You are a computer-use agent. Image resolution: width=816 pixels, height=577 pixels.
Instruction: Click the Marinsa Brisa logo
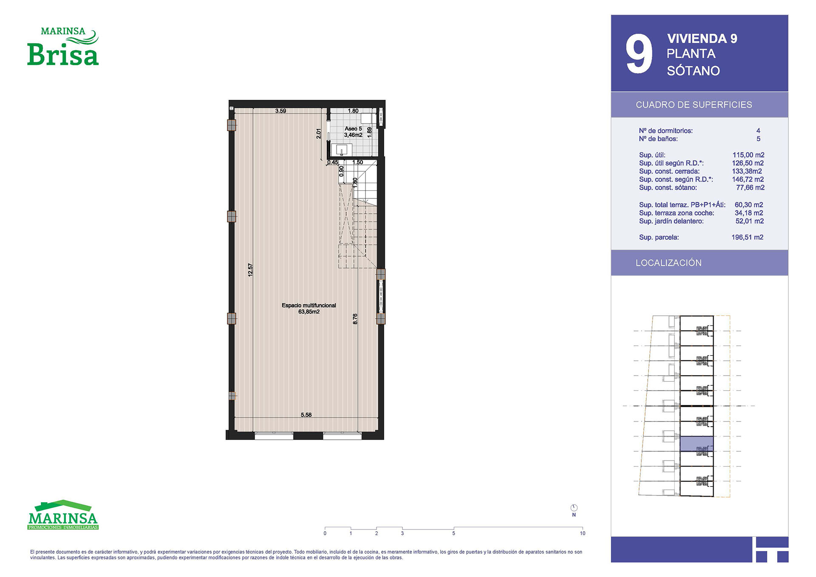pyautogui.click(x=63, y=46)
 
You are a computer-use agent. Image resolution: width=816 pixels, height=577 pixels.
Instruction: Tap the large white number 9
pyautogui.click(x=639, y=54)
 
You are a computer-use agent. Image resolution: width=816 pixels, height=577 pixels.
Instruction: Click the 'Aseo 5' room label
pyautogui.click(x=353, y=129)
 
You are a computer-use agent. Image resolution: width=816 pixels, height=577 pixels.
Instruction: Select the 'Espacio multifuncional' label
pyautogui.click(x=309, y=305)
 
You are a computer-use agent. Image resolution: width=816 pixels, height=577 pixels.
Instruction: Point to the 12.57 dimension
pyautogui.click(x=250, y=270)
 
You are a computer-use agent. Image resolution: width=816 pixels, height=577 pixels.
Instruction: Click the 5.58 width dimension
pyautogui.click(x=306, y=415)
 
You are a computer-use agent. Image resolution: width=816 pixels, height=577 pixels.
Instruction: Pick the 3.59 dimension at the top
pyautogui.click(x=280, y=111)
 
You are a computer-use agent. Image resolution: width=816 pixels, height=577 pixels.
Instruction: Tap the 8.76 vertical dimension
pyautogui.click(x=355, y=319)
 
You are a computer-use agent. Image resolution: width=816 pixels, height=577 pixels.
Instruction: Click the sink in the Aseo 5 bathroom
pyautogui.click(x=341, y=150)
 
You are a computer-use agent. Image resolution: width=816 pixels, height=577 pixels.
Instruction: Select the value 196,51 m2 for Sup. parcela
pyautogui.click(x=747, y=237)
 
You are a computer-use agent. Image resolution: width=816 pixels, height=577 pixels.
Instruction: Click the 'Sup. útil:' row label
pyautogui.click(x=652, y=155)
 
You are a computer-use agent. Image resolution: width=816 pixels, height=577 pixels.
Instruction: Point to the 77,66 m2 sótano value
pyautogui.click(x=750, y=187)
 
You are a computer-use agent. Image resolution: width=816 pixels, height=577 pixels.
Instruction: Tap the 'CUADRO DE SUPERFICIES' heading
pyautogui.click(x=694, y=105)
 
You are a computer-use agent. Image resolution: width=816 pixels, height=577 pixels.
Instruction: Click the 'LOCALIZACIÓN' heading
pyautogui.click(x=669, y=263)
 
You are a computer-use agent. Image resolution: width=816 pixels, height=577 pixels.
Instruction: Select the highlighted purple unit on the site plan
pyautogui.click(x=697, y=444)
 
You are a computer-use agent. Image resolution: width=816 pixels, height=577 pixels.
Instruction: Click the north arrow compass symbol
pyautogui.click(x=574, y=508)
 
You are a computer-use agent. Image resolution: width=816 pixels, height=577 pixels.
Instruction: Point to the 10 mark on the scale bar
pyautogui.click(x=582, y=533)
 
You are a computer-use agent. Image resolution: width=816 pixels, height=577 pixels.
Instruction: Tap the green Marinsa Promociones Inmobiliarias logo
pyautogui.click(x=63, y=515)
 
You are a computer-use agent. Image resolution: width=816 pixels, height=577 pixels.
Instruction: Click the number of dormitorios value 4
pyautogui.click(x=758, y=130)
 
